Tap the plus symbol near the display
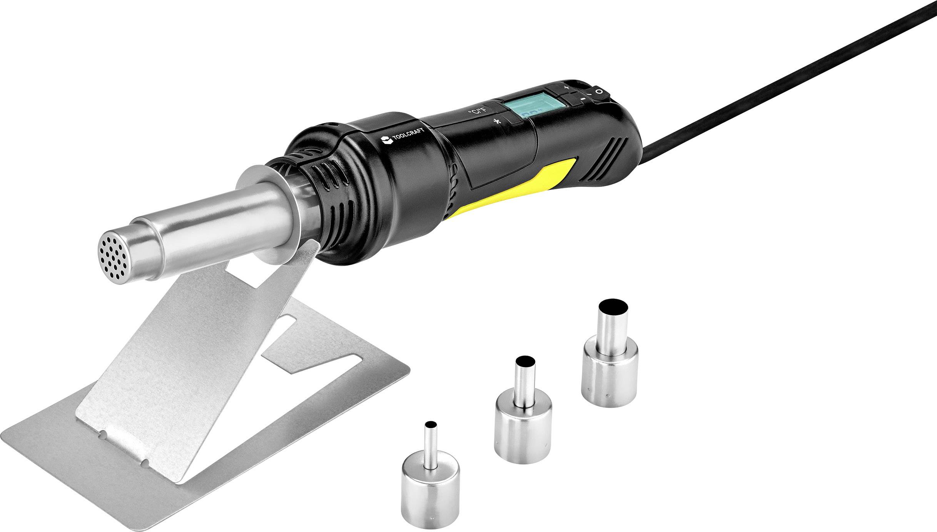566,87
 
